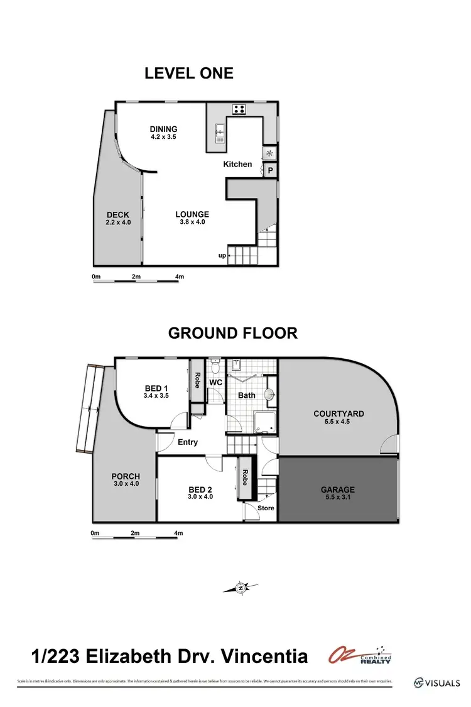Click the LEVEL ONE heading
(188, 73)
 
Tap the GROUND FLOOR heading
(232, 332)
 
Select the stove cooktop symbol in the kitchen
(239, 109)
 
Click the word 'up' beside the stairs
(222, 255)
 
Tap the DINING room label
(163, 129)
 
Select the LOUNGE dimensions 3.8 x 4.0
(192, 222)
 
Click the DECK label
(118, 215)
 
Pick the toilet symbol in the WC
(215, 365)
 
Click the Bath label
(247, 395)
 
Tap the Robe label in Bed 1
(197, 380)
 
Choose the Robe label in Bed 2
(243, 480)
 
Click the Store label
(266, 508)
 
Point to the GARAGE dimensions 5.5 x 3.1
(338, 498)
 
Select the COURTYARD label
(338, 414)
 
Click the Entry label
(188, 442)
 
